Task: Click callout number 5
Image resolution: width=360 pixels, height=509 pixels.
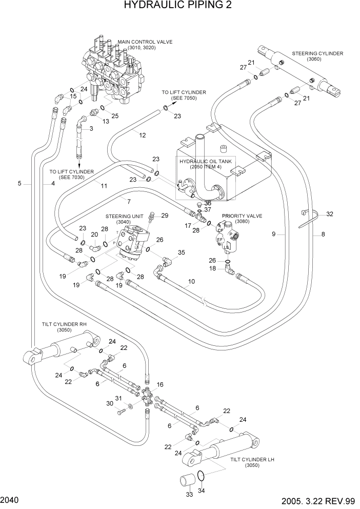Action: pyautogui.click(x=19, y=183)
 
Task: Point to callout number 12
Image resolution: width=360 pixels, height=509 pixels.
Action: pyautogui.click(x=142, y=135)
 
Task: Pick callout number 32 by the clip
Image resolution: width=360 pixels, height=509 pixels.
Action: pyautogui.click(x=330, y=214)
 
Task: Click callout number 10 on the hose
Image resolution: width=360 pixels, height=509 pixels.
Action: pyautogui.click(x=191, y=281)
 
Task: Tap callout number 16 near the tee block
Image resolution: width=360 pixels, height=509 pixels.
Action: pyautogui.click(x=159, y=384)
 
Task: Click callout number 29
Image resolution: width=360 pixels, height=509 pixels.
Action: pyautogui.click(x=165, y=215)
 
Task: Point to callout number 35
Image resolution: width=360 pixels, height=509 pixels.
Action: pyautogui.click(x=181, y=252)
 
